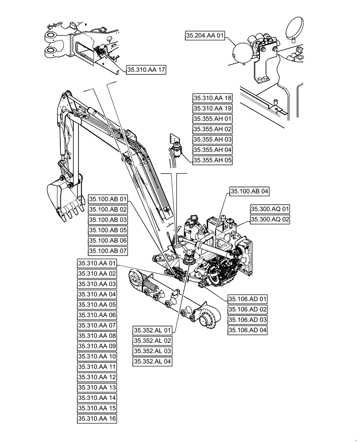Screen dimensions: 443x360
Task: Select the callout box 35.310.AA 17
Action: point(146,70)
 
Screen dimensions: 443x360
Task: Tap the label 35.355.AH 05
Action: point(212,160)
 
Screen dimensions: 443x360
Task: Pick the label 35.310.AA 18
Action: point(212,98)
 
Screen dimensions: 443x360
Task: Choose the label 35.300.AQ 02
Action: point(270,219)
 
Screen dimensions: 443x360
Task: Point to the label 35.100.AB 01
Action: point(108,199)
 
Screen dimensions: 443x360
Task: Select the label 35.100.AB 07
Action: point(108,251)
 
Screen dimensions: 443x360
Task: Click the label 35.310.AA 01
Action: point(97,264)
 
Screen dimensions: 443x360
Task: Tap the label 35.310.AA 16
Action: point(97,418)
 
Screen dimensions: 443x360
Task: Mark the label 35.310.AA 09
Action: point(97,346)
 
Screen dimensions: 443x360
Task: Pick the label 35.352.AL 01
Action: point(153,330)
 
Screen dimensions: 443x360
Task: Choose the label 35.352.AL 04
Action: point(153,361)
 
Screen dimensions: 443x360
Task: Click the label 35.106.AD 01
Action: point(248,299)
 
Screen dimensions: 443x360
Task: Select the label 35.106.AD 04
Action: point(248,330)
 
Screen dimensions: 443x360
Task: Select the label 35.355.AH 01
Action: point(212,119)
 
